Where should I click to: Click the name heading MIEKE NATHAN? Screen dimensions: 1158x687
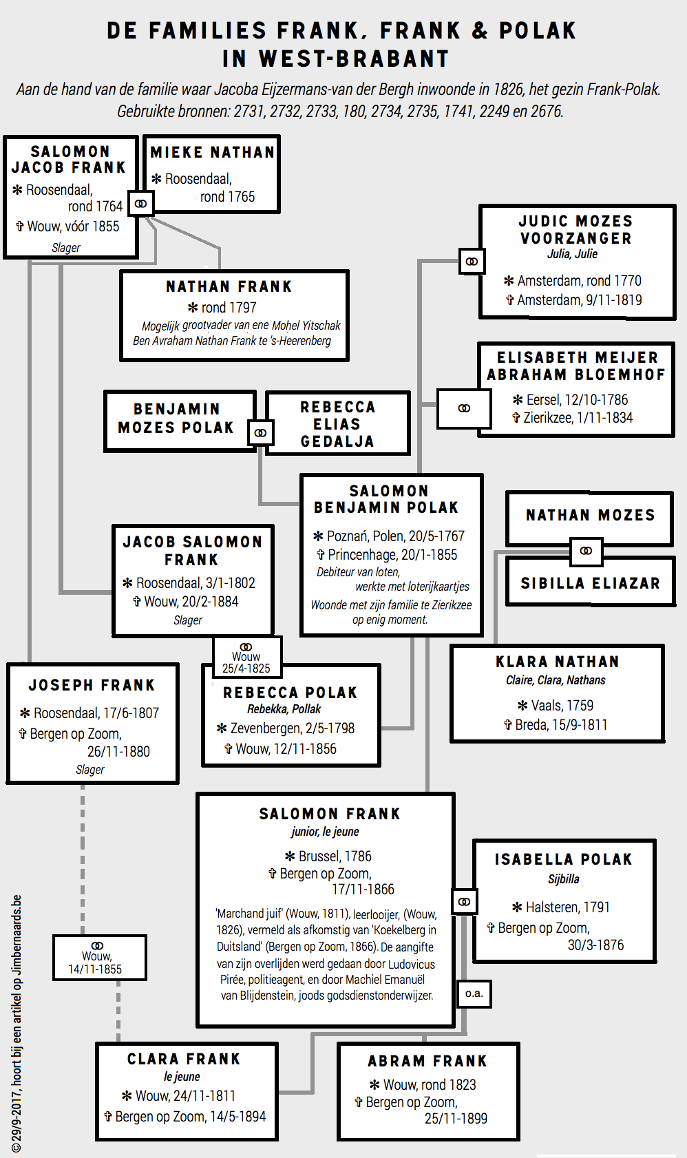(x=212, y=152)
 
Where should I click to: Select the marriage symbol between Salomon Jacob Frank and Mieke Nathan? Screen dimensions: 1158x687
(x=141, y=204)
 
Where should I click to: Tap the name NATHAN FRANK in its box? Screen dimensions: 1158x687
(x=229, y=286)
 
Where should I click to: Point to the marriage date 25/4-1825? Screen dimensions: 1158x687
(x=246, y=669)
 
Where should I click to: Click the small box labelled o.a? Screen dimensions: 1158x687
(x=474, y=993)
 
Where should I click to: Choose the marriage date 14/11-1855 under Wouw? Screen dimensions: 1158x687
(x=95, y=969)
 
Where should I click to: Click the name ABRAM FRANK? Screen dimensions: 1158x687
(x=427, y=1061)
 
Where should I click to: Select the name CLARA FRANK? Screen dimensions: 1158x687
(x=184, y=1059)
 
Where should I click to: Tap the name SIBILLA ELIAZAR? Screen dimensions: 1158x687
(x=590, y=583)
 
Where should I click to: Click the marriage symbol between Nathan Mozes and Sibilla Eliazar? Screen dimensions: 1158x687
(x=586, y=551)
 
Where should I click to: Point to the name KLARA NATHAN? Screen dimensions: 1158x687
(x=558, y=662)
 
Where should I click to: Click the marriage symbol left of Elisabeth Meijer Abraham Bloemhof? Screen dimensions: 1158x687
(x=465, y=408)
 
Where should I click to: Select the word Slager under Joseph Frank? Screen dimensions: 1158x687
(x=90, y=770)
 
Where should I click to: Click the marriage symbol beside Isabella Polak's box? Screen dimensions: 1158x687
(x=465, y=902)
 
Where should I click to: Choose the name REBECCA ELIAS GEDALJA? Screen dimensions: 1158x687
(x=337, y=424)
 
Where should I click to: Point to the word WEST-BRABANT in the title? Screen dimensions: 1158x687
(x=355, y=59)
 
